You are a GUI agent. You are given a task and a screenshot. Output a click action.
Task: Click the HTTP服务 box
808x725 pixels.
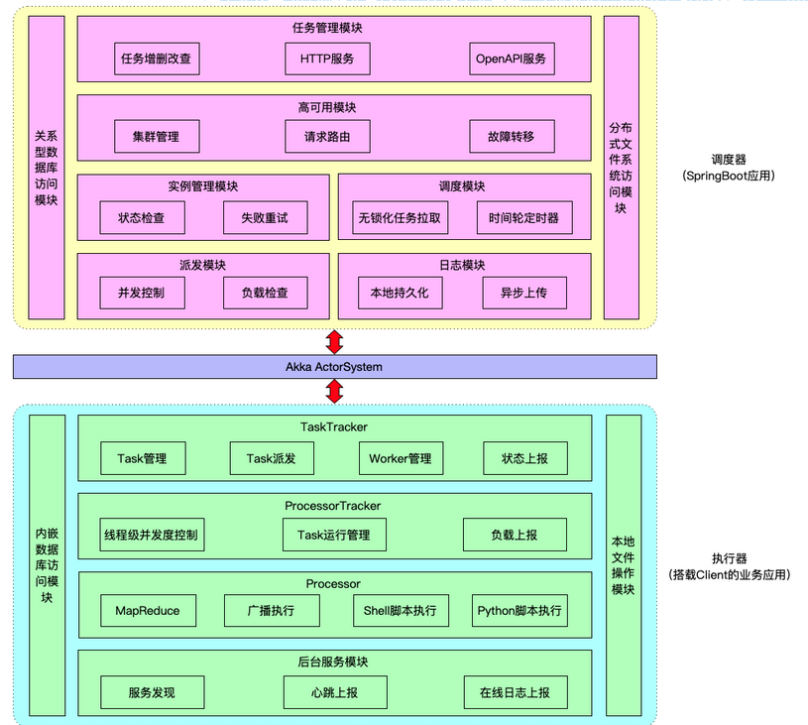tap(327, 59)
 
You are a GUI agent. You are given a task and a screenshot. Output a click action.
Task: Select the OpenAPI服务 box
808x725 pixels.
tap(512, 59)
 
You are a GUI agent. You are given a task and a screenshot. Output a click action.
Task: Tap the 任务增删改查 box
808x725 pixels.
tap(157, 59)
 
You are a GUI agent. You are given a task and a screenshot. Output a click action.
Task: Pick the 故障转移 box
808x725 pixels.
tap(512, 137)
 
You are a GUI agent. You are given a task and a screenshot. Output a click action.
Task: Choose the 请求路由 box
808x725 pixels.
tap(327, 137)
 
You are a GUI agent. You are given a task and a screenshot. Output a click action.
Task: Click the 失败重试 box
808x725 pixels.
tap(266, 217)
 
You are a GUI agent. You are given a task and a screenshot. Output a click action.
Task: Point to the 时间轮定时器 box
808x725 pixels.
tap(524, 217)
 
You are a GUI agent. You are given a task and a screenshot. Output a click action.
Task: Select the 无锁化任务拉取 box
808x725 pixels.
tap(400, 217)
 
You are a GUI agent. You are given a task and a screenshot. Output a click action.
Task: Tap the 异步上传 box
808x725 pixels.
tap(524, 293)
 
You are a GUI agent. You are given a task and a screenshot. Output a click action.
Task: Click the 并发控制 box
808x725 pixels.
tap(142, 293)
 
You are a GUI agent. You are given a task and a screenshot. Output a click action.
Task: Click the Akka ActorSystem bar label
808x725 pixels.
tap(334, 367)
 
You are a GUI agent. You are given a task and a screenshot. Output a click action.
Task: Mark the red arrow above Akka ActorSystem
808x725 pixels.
tap(334, 342)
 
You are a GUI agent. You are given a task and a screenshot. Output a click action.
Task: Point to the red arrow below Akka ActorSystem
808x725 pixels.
tap(334, 392)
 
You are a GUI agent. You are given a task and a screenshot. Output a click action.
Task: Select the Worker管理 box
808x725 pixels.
tap(401, 458)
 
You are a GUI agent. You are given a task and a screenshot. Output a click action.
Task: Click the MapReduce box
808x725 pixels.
tap(148, 611)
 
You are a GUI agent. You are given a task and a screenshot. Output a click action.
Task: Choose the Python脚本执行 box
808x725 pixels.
tap(519, 611)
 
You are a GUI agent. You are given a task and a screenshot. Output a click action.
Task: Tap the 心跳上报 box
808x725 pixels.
tap(335, 692)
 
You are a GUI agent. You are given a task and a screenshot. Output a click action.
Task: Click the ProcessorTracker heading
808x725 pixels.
tap(333, 506)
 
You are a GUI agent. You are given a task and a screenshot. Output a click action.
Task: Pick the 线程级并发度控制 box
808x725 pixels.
tap(152, 535)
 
